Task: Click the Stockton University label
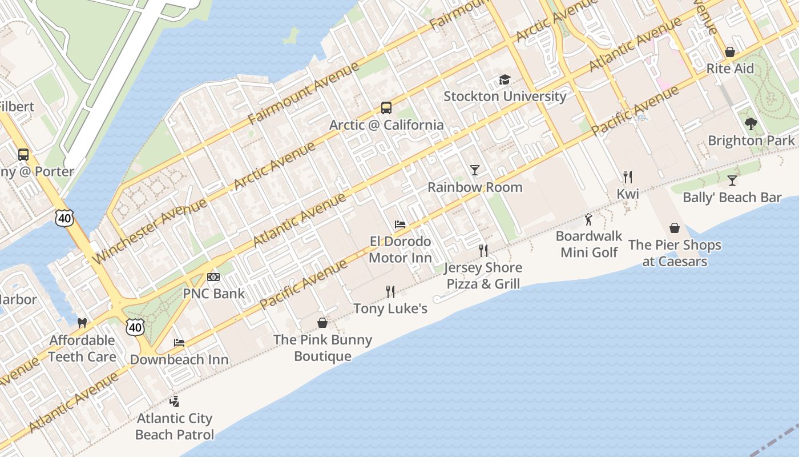pos(505,96)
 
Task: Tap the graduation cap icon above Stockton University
pos(505,80)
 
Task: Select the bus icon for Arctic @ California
pos(386,108)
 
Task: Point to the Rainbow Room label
pos(475,187)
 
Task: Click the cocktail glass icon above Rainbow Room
pos(475,170)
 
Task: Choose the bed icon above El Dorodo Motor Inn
pos(400,225)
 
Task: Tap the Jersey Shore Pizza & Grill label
pos(483,275)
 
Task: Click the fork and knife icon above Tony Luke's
pos(390,292)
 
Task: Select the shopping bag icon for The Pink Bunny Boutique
pos(322,323)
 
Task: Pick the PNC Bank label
pos(213,294)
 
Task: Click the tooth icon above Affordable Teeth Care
pos(82,323)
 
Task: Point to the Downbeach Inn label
pos(179,359)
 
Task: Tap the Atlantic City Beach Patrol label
pos(175,426)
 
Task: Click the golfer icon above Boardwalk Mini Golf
pos(588,219)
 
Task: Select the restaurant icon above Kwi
pos(628,177)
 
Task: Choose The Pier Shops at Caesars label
pos(675,253)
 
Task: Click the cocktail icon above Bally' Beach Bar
pos(732,181)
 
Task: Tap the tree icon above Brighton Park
pos(751,123)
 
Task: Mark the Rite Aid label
pos(730,69)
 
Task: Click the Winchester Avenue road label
pos(150,231)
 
